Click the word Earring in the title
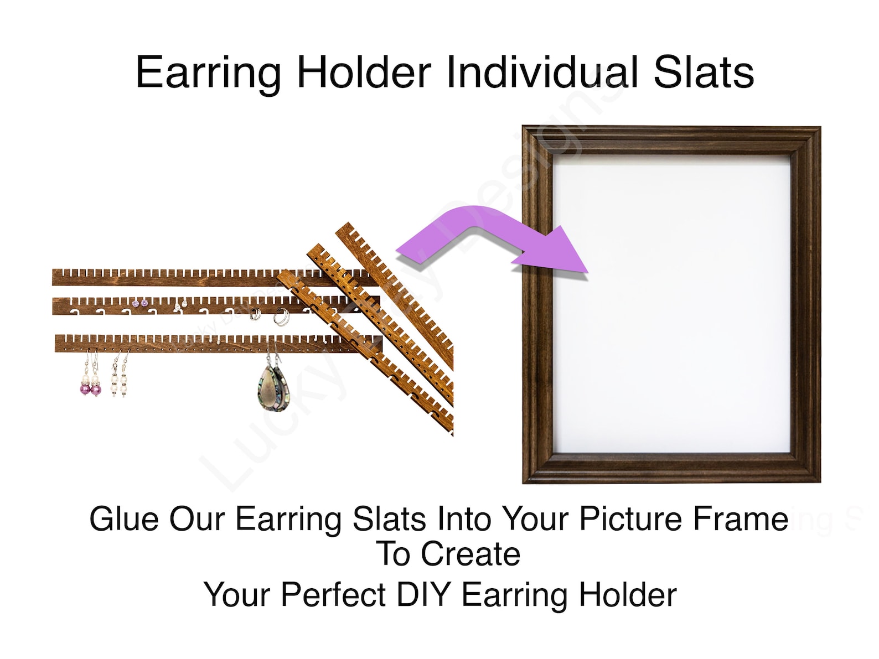(208, 72)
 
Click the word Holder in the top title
(364, 72)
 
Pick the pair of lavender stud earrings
(140, 303)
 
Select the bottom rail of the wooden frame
(671, 469)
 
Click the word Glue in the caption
(125, 519)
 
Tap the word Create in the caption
(470, 554)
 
